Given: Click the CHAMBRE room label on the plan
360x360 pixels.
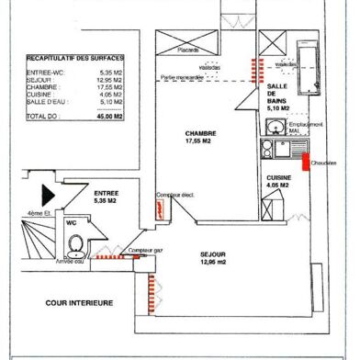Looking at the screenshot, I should (193, 134).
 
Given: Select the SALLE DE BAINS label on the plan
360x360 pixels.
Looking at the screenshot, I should (276, 95).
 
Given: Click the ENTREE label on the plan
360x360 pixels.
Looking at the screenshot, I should (106, 192).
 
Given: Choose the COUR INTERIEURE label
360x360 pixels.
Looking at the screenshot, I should (79, 301).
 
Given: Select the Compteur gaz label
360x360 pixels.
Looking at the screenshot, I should (145, 249).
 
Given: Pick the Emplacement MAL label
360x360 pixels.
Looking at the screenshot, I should (289, 125).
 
